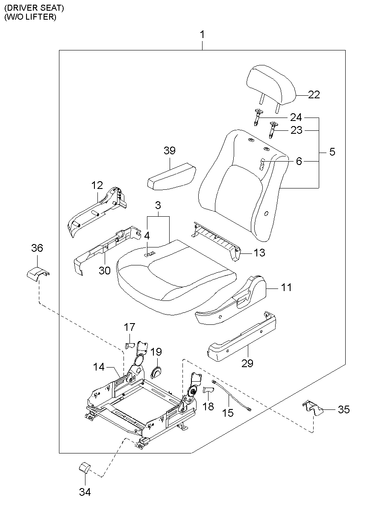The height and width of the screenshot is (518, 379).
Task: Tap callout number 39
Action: (170, 150)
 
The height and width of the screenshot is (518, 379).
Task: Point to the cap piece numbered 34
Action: (84, 466)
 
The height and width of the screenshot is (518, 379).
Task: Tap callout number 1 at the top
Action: (203, 34)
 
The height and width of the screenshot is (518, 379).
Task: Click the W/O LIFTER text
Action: (30, 18)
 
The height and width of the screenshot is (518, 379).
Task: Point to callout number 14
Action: (99, 366)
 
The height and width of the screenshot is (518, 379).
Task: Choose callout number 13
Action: (259, 253)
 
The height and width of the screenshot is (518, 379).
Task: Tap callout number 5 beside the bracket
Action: (332, 152)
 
